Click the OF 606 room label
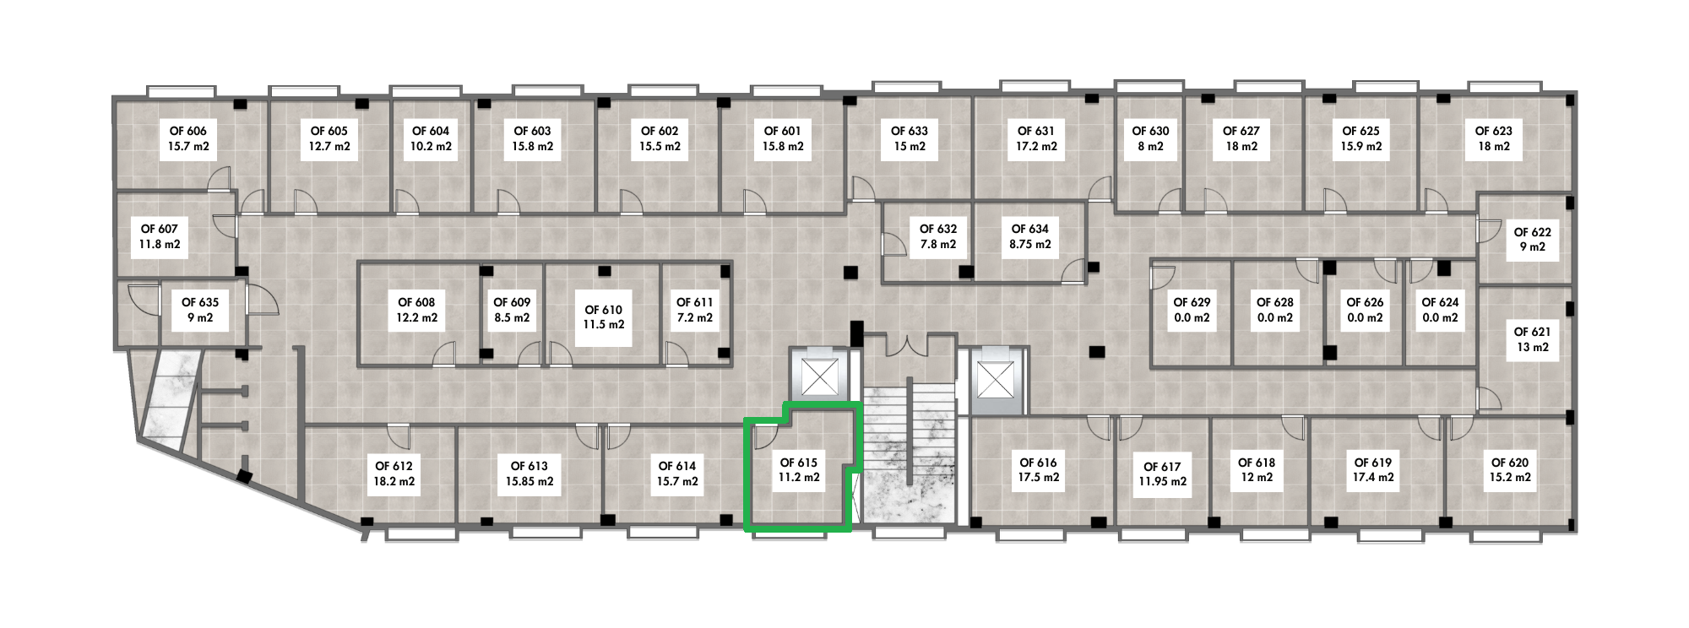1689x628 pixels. (x=187, y=131)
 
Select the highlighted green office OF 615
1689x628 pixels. (x=799, y=471)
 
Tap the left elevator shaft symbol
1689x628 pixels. (x=817, y=378)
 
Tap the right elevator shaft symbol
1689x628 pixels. (x=995, y=378)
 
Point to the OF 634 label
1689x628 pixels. (x=1029, y=229)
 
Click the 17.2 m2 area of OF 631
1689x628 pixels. (x=1036, y=146)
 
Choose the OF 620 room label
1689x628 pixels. (x=1510, y=463)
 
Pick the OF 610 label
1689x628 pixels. (x=603, y=310)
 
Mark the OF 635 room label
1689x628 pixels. (x=200, y=302)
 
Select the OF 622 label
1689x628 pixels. (x=1532, y=232)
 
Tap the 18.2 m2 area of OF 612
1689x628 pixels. (x=394, y=482)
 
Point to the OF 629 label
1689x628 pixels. (x=1192, y=302)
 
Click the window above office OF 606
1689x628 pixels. (x=181, y=91)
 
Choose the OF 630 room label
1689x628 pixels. (x=1150, y=131)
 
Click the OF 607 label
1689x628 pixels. (x=160, y=229)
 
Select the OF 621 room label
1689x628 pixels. (x=1532, y=333)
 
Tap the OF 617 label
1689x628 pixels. (x=1162, y=467)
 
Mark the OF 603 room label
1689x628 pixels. (x=532, y=131)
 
